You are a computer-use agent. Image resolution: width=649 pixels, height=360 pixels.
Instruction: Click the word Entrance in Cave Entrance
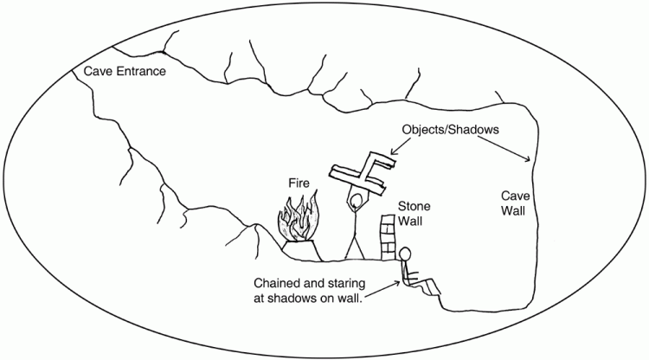(x=138, y=70)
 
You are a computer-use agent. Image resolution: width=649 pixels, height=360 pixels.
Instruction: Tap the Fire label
(x=300, y=183)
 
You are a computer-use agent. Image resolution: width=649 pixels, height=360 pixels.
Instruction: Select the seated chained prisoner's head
(x=404, y=254)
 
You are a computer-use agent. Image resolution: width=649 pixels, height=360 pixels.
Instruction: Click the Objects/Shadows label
(x=452, y=130)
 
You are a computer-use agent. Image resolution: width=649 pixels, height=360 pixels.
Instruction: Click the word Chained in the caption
(x=280, y=283)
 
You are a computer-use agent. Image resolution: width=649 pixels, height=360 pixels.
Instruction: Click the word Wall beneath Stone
(x=410, y=222)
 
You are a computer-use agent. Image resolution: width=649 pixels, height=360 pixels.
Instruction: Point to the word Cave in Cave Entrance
(x=96, y=70)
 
